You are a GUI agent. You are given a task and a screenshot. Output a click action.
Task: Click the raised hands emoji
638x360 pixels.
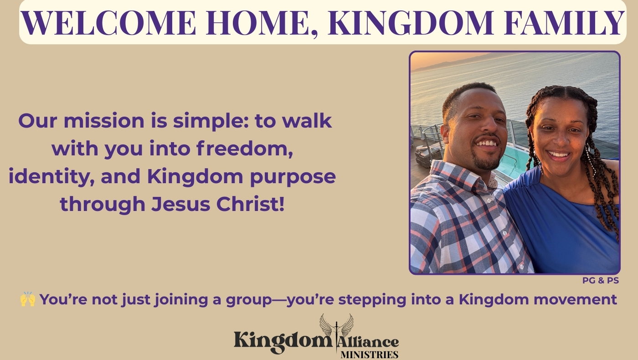click(x=28, y=299)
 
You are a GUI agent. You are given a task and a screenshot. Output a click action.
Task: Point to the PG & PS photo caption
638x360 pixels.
click(x=601, y=281)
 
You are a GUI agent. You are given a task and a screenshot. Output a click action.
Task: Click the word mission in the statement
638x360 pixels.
click(x=104, y=121)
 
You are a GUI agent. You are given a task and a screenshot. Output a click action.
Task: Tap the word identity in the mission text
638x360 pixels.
click(x=51, y=177)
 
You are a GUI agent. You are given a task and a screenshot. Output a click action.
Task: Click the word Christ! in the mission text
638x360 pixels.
click(x=250, y=204)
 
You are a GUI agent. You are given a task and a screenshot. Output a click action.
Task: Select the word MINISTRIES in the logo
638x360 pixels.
click(x=370, y=355)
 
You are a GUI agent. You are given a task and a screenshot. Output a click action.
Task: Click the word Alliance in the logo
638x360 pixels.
click(x=368, y=342)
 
